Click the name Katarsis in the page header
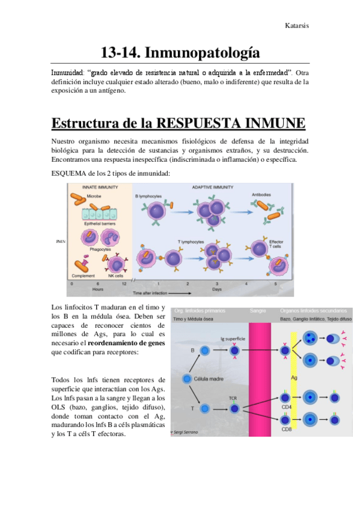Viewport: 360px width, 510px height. point(296,26)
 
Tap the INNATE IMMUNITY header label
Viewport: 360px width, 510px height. point(100,188)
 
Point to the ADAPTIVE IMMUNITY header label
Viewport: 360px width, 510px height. point(213,188)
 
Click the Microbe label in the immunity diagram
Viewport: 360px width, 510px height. point(94,196)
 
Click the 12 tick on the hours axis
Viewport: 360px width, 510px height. point(124,283)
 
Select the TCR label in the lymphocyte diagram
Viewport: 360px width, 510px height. point(233,398)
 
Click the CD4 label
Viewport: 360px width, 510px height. point(286,407)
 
